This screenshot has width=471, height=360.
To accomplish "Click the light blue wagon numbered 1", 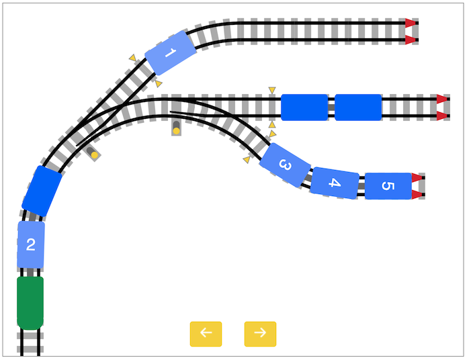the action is pyautogui.click(x=170, y=53).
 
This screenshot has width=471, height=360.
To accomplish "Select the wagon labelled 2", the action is pyautogui.click(x=31, y=244).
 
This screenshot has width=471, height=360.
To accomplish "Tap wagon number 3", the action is pyautogui.click(x=285, y=165).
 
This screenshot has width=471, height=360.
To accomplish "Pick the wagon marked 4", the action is pyautogui.click(x=335, y=183).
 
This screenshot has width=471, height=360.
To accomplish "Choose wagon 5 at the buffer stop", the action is pyautogui.click(x=388, y=186).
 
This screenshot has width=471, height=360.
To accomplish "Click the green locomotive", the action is pyautogui.click(x=30, y=303).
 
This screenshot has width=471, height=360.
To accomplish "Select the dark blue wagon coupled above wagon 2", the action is pyautogui.click(x=42, y=191).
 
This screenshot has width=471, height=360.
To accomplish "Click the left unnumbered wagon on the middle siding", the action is pyautogui.click(x=304, y=107).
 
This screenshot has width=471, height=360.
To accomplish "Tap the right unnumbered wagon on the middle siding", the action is pyautogui.click(x=358, y=107).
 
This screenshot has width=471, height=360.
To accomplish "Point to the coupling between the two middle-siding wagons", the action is pyautogui.click(x=331, y=107).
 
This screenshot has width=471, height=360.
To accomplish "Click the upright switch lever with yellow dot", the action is pyautogui.click(x=176, y=128).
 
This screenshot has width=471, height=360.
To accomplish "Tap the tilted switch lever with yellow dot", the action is pyautogui.click(x=92, y=153).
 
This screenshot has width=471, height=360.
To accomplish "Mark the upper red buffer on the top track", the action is pyautogui.click(x=411, y=23).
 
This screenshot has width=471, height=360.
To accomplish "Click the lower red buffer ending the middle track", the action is pyautogui.click(x=442, y=116).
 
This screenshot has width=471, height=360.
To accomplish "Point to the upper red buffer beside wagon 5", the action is pyautogui.click(x=417, y=177).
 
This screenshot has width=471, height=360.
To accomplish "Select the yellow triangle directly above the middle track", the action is pyautogui.click(x=272, y=90).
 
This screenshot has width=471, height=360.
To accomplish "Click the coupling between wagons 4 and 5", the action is pyautogui.click(x=362, y=186).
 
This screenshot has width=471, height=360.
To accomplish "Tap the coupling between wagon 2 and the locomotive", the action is pyautogui.click(x=30, y=272).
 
